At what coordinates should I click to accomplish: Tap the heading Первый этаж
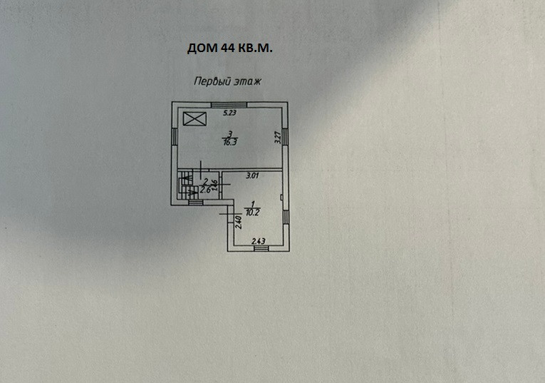[228, 82]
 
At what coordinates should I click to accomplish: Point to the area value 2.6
[205, 190]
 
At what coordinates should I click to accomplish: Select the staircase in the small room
[187, 187]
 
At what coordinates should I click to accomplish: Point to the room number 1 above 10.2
[254, 204]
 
